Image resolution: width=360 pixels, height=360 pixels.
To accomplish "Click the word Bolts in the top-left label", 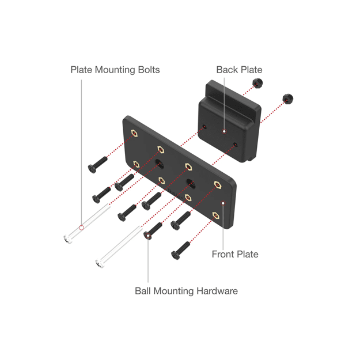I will click(147, 70).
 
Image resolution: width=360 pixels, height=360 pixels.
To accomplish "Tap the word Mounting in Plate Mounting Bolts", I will click(112, 70).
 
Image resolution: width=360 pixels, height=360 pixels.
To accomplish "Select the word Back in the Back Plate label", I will click(227, 70).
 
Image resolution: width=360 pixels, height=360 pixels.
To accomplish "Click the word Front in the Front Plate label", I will click(223, 254).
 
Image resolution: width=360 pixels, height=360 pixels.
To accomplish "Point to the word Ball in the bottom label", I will click(143, 291).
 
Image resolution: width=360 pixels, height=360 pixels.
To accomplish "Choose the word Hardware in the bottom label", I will click(217, 291).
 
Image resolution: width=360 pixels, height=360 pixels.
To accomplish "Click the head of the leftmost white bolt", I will click(66, 238).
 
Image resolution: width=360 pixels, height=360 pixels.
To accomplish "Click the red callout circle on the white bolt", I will click(81, 228).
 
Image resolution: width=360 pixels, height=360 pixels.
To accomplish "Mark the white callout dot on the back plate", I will click(224, 131).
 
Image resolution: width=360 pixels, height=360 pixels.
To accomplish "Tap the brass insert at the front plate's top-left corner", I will click(134, 134).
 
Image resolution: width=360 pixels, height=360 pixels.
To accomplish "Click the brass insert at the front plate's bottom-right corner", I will click(215, 215).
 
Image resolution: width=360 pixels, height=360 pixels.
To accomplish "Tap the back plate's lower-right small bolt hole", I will click(235, 144).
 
